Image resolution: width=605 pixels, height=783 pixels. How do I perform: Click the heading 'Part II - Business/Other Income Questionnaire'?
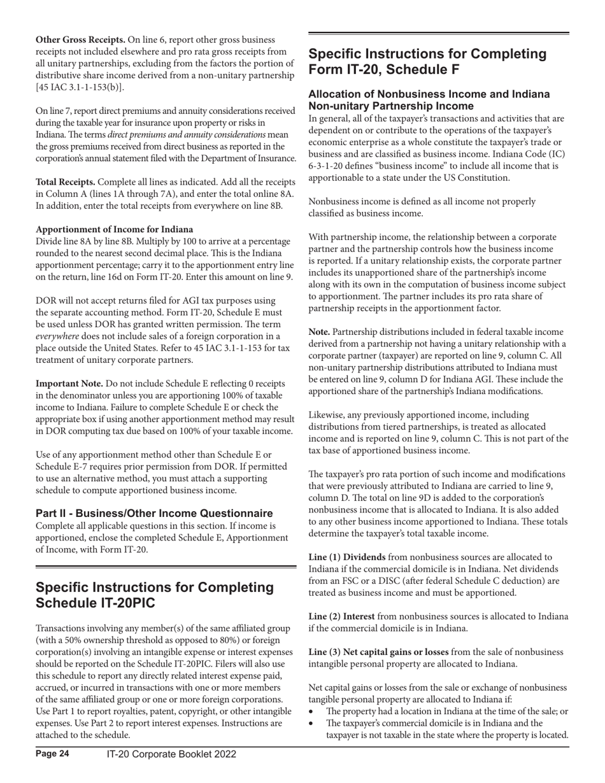pyautogui.click(x=154, y=513)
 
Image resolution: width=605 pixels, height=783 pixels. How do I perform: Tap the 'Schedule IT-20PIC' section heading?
pyautogui.click(x=155, y=595)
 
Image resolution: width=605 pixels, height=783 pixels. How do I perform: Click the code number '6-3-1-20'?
pyautogui.click(x=328, y=166)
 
